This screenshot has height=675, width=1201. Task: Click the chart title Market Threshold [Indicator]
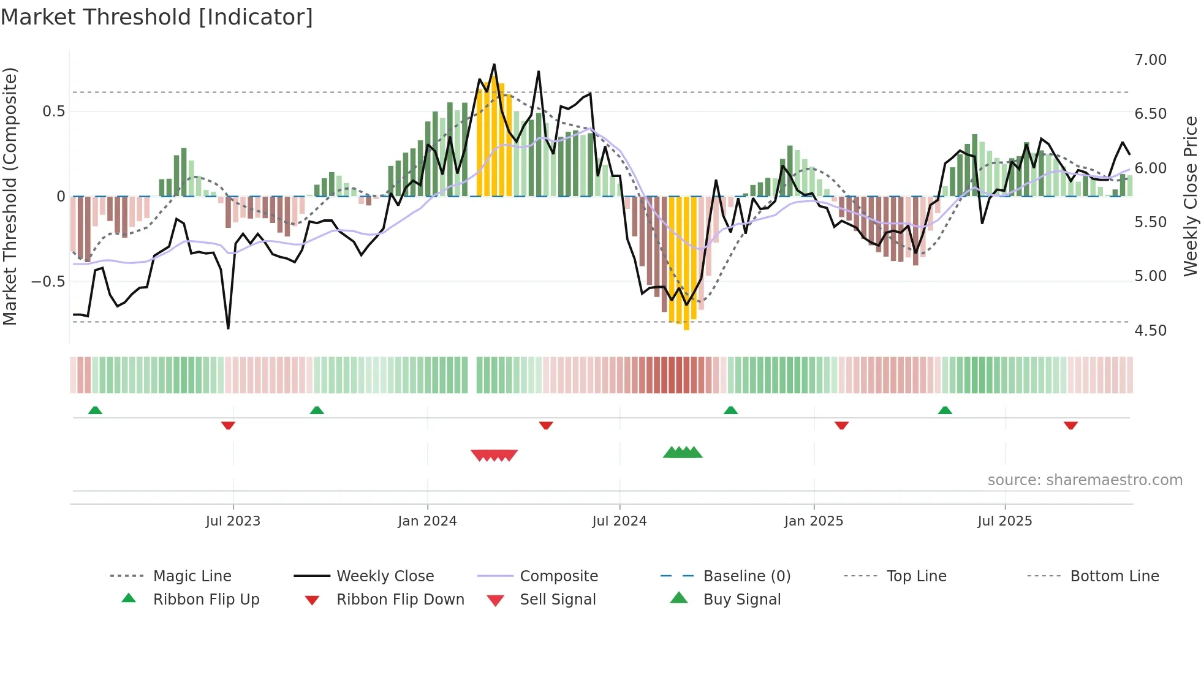tap(157, 17)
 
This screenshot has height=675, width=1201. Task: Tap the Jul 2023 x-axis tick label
tap(233, 521)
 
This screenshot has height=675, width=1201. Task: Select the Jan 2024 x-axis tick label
tap(427, 521)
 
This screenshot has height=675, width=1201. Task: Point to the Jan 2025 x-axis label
tap(814, 521)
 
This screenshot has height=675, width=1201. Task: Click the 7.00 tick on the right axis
tap(1150, 60)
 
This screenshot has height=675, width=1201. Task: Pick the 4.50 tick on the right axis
tap(1150, 331)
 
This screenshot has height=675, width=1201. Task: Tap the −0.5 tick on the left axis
tap(48, 282)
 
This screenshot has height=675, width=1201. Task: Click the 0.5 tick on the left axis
tap(53, 111)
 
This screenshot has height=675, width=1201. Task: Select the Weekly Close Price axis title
tap(1190, 196)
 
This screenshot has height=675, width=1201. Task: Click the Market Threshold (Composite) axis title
tap(10, 196)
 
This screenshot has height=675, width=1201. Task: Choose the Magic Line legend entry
tap(192, 576)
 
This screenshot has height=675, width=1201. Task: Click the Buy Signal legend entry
tap(741, 600)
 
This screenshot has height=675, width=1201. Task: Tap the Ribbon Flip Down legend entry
tap(400, 600)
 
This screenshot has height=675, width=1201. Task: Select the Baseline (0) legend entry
tap(746, 576)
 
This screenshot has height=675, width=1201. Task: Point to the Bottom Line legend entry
tap(1114, 576)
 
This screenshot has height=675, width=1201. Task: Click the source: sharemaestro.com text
tap(1085, 480)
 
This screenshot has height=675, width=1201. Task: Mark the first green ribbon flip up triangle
tap(95, 410)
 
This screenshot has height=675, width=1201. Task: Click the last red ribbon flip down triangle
tap(1070, 425)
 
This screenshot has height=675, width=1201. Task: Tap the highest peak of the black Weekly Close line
tap(494, 64)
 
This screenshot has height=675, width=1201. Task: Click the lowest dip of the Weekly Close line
tap(229, 328)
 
